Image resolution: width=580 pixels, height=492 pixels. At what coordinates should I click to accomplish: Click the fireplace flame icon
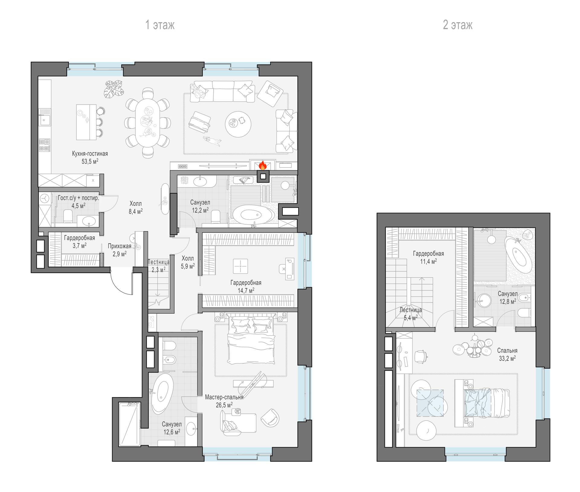tap(263, 165)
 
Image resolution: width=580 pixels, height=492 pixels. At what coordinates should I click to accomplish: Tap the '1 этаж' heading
tap(160, 25)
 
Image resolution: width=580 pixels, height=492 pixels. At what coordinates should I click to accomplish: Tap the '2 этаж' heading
tap(458, 25)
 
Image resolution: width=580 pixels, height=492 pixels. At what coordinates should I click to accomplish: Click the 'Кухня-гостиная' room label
tap(90, 154)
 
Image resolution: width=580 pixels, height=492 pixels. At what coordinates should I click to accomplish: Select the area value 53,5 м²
tap(90, 161)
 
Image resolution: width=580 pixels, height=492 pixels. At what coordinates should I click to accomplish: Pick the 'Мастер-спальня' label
tap(224, 397)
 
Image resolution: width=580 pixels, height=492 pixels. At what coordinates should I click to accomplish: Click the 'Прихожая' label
tap(120, 246)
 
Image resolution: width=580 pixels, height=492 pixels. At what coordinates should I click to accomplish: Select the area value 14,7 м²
tap(246, 290)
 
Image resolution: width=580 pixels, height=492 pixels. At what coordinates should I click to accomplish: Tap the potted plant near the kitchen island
tap(114, 89)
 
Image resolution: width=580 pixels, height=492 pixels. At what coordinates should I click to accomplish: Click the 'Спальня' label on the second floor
tap(507, 350)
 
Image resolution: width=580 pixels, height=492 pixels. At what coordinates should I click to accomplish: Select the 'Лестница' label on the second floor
tap(411, 310)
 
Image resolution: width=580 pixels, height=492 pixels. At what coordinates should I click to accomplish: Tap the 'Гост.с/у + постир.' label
tap(78, 198)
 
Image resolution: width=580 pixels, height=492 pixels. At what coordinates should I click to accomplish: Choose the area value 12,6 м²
tap(172, 432)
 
